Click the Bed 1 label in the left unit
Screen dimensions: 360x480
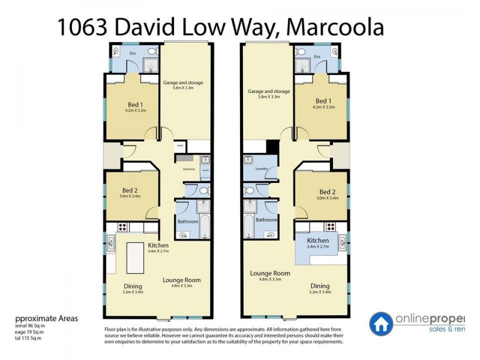[133, 101]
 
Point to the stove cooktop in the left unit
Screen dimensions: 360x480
[123, 227]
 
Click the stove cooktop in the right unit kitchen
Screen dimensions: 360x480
[329, 226]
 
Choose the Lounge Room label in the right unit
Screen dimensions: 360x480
[270, 273]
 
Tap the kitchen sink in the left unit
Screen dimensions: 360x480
[112, 244]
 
